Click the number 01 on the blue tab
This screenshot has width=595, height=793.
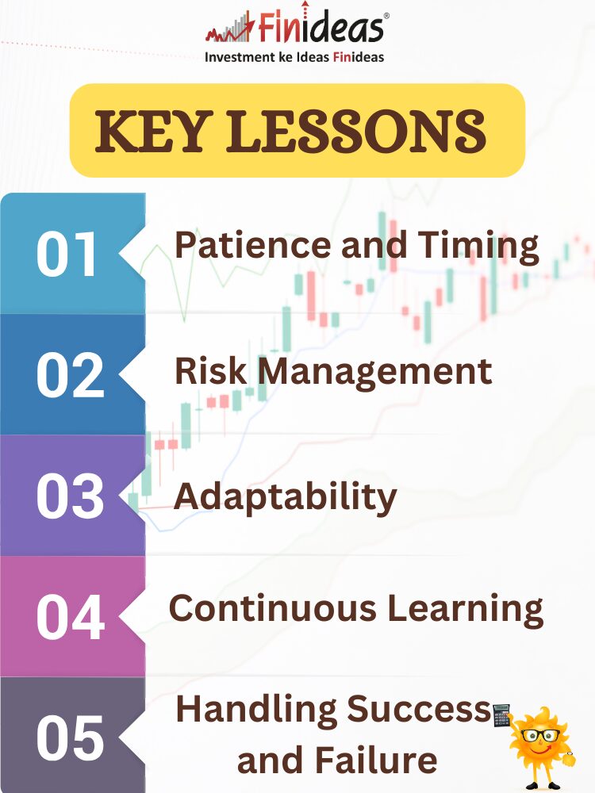(x=67, y=254)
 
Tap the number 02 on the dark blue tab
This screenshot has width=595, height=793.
(x=71, y=375)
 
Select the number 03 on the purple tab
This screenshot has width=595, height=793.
(x=71, y=496)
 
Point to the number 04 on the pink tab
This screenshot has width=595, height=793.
(x=71, y=617)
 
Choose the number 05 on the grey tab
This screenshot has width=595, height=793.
(x=71, y=737)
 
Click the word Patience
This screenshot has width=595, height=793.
(x=253, y=245)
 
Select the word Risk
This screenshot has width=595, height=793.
(x=210, y=370)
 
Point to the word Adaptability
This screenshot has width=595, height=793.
(x=286, y=497)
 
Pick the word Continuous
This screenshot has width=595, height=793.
(x=273, y=607)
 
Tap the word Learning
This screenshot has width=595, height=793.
(x=466, y=609)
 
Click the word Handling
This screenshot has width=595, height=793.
(x=256, y=710)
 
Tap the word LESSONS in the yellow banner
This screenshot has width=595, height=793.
(x=356, y=132)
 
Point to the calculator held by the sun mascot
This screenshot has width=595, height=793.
(x=501, y=714)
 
